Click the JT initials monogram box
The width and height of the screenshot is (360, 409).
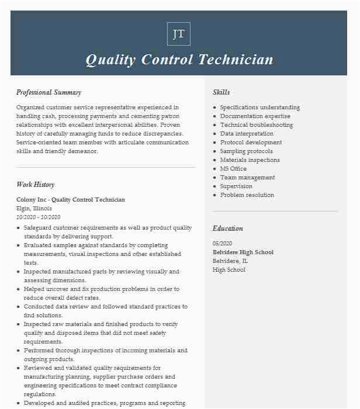point(179,34)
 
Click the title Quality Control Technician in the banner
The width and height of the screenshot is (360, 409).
point(179,60)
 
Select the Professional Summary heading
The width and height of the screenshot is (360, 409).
point(49,92)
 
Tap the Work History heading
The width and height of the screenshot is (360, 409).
point(35,185)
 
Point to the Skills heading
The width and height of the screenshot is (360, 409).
point(221,92)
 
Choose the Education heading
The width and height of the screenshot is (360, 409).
point(227,228)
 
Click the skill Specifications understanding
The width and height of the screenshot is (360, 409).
point(259,108)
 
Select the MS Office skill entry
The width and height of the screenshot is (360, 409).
point(233,169)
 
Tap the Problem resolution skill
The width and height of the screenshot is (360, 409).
point(247,195)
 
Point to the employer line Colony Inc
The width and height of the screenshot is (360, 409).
point(70,200)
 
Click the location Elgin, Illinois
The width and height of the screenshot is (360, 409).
point(34,209)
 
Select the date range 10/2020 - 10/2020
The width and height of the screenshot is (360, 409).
point(39,217)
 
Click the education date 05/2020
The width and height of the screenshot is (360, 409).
point(223,244)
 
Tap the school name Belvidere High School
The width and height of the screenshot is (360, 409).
point(243,252)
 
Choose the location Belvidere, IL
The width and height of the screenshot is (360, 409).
point(230,261)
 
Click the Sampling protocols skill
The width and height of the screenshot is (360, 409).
point(246,151)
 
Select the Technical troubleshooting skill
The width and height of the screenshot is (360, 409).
point(256,125)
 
